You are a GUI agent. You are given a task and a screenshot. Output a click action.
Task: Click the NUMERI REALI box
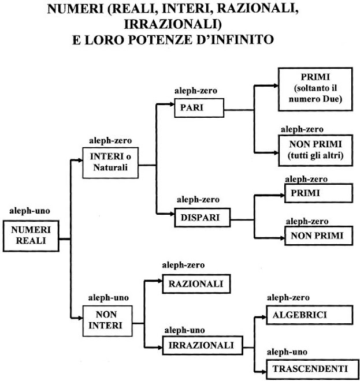tap(31, 236)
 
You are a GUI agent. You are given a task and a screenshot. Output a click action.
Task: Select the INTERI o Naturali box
tap(110, 163)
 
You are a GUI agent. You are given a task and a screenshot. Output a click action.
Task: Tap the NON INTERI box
tap(107, 321)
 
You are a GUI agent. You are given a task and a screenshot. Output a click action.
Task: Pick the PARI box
tap(199, 108)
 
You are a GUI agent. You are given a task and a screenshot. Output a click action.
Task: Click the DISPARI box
tap(202, 218)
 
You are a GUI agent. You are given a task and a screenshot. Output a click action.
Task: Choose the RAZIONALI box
tap(196, 284)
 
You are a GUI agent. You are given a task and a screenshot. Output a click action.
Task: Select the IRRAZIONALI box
tap(203, 345)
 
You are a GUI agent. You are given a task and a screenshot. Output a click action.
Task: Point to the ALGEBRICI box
tap(310, 315)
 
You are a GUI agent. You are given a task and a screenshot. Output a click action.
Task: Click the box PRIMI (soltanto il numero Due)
tap(316, 89)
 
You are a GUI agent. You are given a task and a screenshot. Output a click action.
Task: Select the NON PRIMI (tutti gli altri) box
tap(316, 151)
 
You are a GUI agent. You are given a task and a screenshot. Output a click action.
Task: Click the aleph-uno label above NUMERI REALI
tap(29, 211)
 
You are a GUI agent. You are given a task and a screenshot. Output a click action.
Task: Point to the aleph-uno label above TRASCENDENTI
tap(287, 352)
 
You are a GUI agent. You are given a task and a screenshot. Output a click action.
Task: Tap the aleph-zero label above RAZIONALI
tap(183, 265)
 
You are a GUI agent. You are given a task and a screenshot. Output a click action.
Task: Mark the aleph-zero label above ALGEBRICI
tap(288, 298)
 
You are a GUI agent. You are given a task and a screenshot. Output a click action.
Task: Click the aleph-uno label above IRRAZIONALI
tap(184, 330)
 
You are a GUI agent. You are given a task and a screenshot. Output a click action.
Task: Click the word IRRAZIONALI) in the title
tap(173, 24)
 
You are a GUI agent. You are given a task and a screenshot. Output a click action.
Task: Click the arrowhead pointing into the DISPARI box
tap(172, 214)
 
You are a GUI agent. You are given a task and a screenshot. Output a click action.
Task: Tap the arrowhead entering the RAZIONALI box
tap(160, 281)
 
